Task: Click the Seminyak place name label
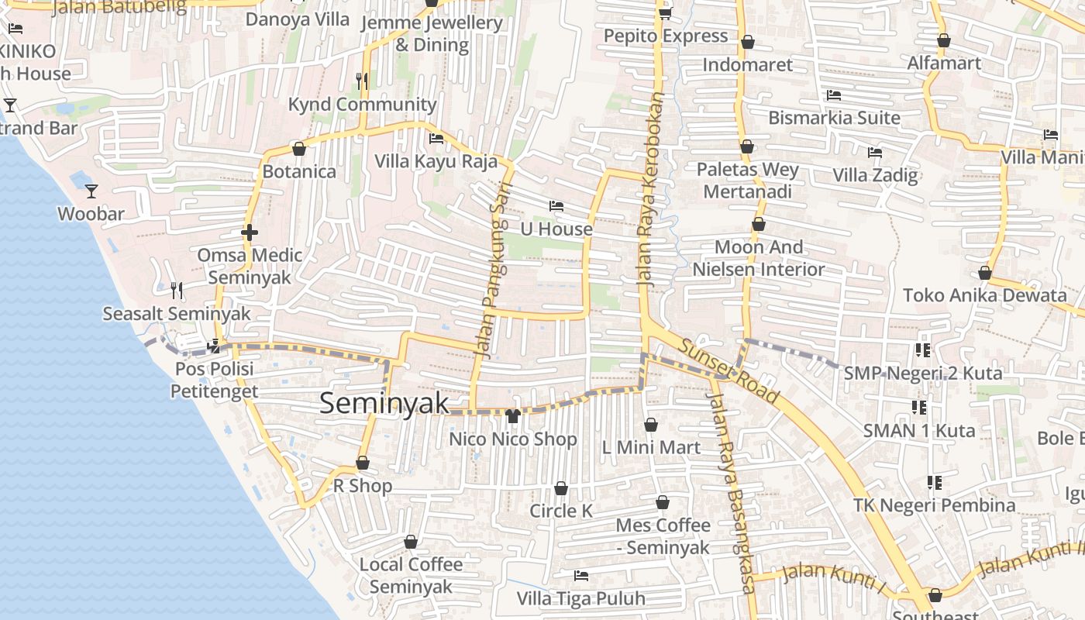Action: point(384,403)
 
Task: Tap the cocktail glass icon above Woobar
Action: point(91,191)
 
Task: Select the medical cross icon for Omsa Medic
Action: point(249,232)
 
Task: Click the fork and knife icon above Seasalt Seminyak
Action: point(177,291)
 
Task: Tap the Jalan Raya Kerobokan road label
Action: point(650,191)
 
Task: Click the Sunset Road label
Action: point(728,370)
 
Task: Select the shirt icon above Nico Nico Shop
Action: point(512,416)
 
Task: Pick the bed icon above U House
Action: point(556,206)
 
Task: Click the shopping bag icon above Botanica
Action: point(299,149)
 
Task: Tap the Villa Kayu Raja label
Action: point(436,161)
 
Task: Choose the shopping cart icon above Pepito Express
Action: point(665,13)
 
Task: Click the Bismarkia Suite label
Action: point(834,118)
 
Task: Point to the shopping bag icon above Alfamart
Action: point(943,40)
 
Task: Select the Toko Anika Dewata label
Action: point(984,295)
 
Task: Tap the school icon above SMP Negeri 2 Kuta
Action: point(922,350)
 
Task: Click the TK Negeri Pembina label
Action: point(934,505)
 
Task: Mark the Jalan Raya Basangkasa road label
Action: point(730,493)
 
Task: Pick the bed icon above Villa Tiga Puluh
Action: point(580,576)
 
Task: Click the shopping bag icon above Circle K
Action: point(561,488)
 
